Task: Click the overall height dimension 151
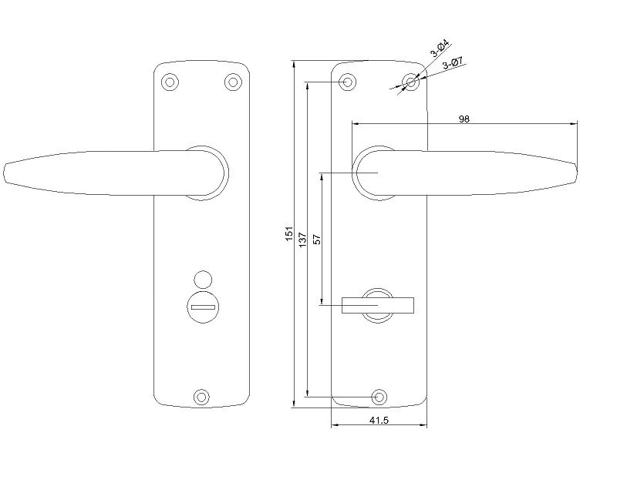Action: (289, 233)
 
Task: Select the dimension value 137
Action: (303, 239)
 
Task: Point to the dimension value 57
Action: (317, 238)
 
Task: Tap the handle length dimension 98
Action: (464, 119)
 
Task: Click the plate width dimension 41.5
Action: (378, 421)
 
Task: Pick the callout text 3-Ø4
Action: (440, 49)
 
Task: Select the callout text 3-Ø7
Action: (453, 65)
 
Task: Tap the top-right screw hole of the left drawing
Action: (232, 81)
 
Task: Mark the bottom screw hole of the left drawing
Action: (201, 397)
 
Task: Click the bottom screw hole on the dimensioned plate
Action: (379, 397)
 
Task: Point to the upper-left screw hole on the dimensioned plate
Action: (348, 81)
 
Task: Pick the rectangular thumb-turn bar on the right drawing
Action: (379, 307)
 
